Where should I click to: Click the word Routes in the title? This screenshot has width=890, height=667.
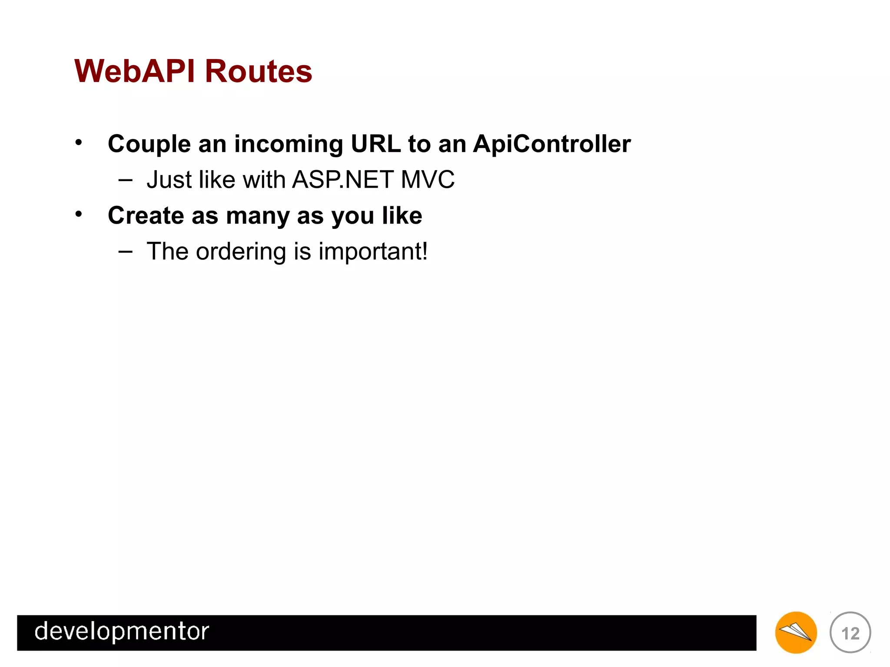(x=258, y=71)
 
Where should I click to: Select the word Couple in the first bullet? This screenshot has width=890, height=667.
(x=149, y=145)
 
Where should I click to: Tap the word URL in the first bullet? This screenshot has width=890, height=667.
(x=375, y=144)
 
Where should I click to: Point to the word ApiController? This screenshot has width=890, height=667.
(x=551, y=144)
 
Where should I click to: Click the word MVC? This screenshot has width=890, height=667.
(x=428, y=179)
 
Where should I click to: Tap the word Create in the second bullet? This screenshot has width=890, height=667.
(x=146, y=215)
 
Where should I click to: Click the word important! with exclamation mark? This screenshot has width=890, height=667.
(x=373, y=252)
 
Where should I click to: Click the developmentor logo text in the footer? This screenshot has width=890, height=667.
(x=122, y=632)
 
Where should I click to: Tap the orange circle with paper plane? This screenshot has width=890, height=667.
(x=796, y=633)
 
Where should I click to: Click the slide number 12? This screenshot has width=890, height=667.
(x=850, y=633)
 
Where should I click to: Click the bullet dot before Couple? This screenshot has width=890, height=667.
(x=78, y=142)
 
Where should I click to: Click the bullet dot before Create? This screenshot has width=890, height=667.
(x=78, y=214)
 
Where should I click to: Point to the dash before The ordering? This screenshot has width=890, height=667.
(x=125, y=251)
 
